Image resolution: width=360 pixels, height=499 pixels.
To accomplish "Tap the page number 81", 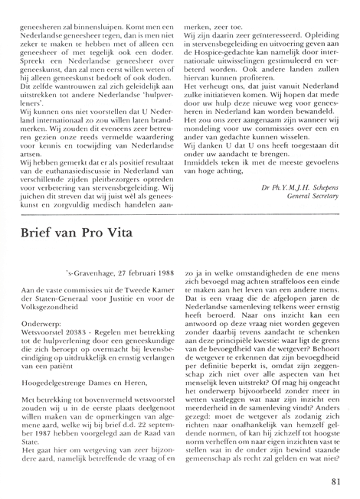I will coord(339,481).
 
